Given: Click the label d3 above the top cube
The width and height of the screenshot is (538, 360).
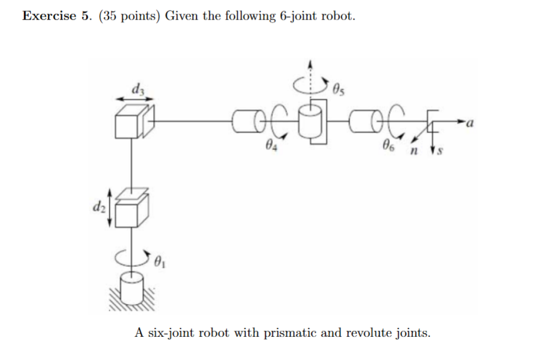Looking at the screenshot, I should click(x=138, y=90).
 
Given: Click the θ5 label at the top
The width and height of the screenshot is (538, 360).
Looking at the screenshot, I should click(x=339, y=90).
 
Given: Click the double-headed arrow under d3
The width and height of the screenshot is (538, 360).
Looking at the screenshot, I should click(x=138, y=100).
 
